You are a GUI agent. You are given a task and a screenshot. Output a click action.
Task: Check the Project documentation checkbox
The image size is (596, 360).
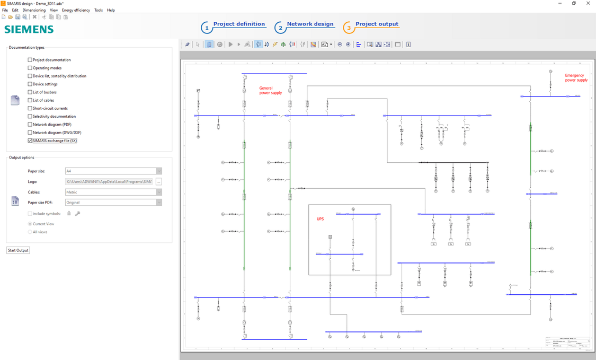click(30, 60)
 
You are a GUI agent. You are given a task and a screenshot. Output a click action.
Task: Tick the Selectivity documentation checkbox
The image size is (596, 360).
click(30, 116)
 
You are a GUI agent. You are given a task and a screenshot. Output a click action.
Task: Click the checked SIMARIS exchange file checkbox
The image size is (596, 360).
click(30, 141)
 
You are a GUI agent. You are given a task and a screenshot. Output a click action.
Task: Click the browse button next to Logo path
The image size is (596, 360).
click(158, 182)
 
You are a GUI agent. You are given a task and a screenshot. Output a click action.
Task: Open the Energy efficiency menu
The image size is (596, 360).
click(76, 10)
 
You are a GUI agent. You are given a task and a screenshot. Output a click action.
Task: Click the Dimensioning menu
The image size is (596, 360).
click(34, 10)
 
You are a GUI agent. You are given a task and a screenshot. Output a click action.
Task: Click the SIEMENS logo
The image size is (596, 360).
click(29, 30)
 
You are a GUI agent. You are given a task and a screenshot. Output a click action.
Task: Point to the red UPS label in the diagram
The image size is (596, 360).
click(320, 219)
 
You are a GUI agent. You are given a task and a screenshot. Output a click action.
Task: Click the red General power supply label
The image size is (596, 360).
click(270, 90)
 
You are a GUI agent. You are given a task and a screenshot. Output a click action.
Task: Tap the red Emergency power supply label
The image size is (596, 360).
click(576, 78)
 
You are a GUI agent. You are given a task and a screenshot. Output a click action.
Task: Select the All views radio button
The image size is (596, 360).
click(30, 232)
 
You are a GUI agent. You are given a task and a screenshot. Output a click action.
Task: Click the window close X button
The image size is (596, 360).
click(588, 3)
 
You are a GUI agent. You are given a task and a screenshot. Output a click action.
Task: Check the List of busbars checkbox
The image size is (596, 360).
click(30, 92)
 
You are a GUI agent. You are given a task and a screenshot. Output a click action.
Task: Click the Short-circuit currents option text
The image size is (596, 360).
click(50, 108)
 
